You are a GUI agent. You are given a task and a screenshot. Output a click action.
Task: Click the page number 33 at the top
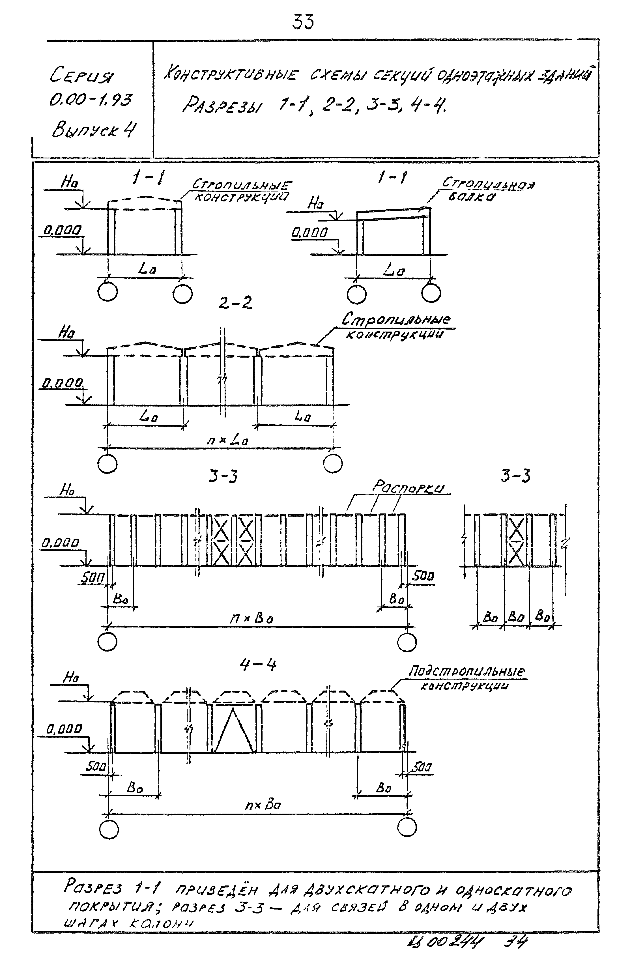pyautogui.click(x=303, y=22)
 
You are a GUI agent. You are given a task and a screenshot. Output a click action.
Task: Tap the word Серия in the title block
pyautogui.click(x=81, y=75)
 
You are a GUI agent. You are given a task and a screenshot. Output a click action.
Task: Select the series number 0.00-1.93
pyautogui.click(x=91, y=100)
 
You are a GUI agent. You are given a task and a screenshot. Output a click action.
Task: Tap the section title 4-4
pyautogui.click(x=258, y=665)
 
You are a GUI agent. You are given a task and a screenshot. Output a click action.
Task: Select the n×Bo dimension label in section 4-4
pyautogui.click(x=263, y=805)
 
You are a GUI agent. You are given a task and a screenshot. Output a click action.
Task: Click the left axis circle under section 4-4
pyautogui.click(x=109, y=828)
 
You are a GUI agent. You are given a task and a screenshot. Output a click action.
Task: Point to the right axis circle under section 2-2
pyautogui.click(x=333, y=464)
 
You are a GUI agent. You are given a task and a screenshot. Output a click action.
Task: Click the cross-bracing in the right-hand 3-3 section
pyautogui.click(x=517, y=540)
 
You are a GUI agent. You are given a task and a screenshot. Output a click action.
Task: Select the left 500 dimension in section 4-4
pyautogui.click(x=95, y=767)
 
